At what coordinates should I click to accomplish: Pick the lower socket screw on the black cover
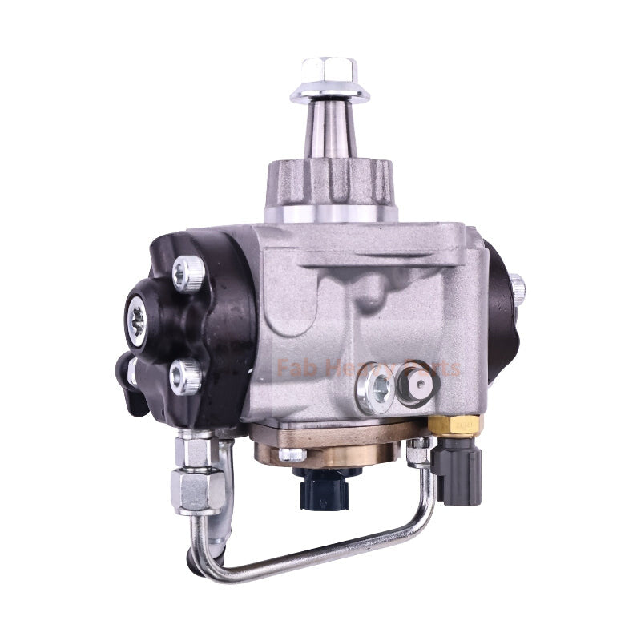[x=185, y=375]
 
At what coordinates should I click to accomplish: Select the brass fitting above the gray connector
[x=454, y=423]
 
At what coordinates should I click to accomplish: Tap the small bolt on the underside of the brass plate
[x=292, y=454]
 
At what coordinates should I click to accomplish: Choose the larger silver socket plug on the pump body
[x=377, y=389]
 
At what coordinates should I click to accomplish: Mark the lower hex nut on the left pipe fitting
[x=199, y=491]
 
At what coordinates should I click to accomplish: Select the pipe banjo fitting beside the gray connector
[x=418, y=451]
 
